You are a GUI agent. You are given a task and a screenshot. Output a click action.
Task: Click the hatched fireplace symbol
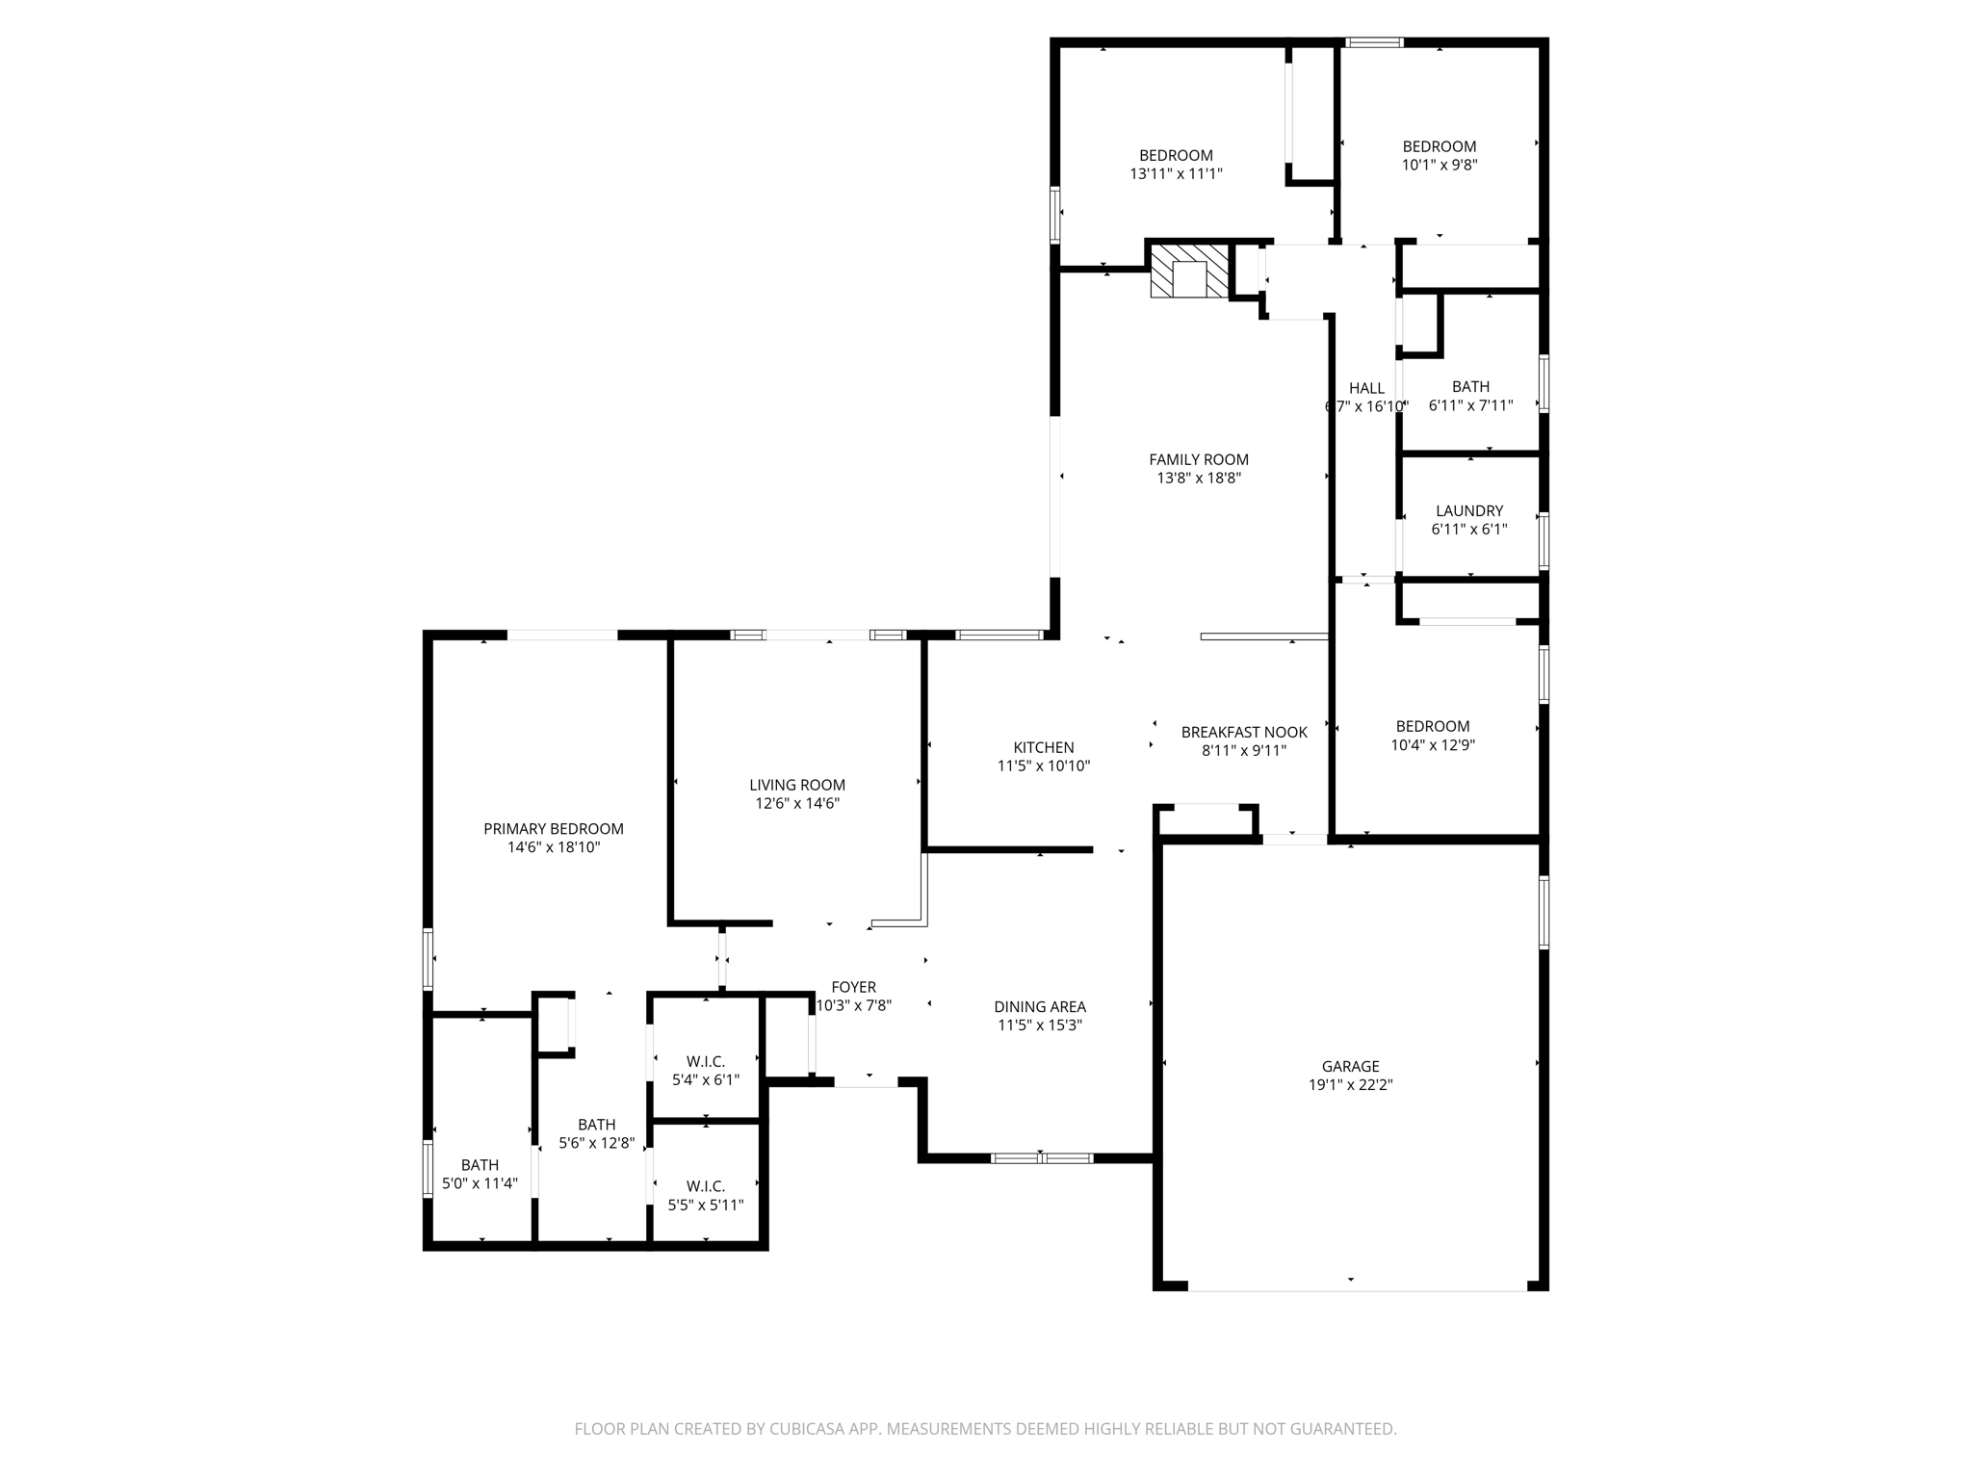(1191, 271)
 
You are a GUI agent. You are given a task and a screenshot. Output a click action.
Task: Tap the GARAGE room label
(1350, 1066)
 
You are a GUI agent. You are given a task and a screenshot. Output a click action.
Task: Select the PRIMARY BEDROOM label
(554, 828)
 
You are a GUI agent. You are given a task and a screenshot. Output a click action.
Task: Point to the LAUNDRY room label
(1469, 510)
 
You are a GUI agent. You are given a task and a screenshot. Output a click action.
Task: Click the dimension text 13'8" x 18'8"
(1199, 478)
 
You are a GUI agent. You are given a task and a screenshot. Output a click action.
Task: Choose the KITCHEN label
(1044, 747)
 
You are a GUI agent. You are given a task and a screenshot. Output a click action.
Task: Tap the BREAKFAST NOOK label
(1244, 732)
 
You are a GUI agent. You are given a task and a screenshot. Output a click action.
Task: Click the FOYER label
(854, 987)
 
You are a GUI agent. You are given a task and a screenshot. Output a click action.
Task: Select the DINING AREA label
(1040, 1007)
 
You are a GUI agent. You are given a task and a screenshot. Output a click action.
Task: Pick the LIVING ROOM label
(797, 785)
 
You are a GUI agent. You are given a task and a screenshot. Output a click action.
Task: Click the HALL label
(1366, 388)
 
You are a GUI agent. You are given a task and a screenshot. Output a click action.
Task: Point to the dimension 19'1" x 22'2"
(1350, 1084)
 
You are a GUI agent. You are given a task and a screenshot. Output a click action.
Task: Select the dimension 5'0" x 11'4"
(480, 1183)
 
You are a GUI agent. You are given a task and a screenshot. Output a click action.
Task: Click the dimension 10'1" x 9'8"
(1440, 165)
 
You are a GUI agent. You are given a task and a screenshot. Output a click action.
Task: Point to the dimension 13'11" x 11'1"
(1177, 173)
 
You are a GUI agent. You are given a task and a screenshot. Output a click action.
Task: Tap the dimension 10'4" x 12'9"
(1433, 744)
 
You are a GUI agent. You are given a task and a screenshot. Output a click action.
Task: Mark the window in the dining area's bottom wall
(1042, 1157)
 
